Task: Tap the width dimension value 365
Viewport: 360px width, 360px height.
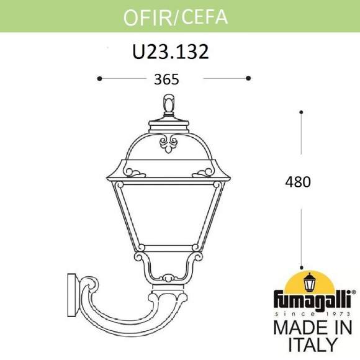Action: click(166, 79)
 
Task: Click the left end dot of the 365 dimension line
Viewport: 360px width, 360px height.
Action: click(99, 78)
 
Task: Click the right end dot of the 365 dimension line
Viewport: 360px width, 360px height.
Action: click(248, 78)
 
